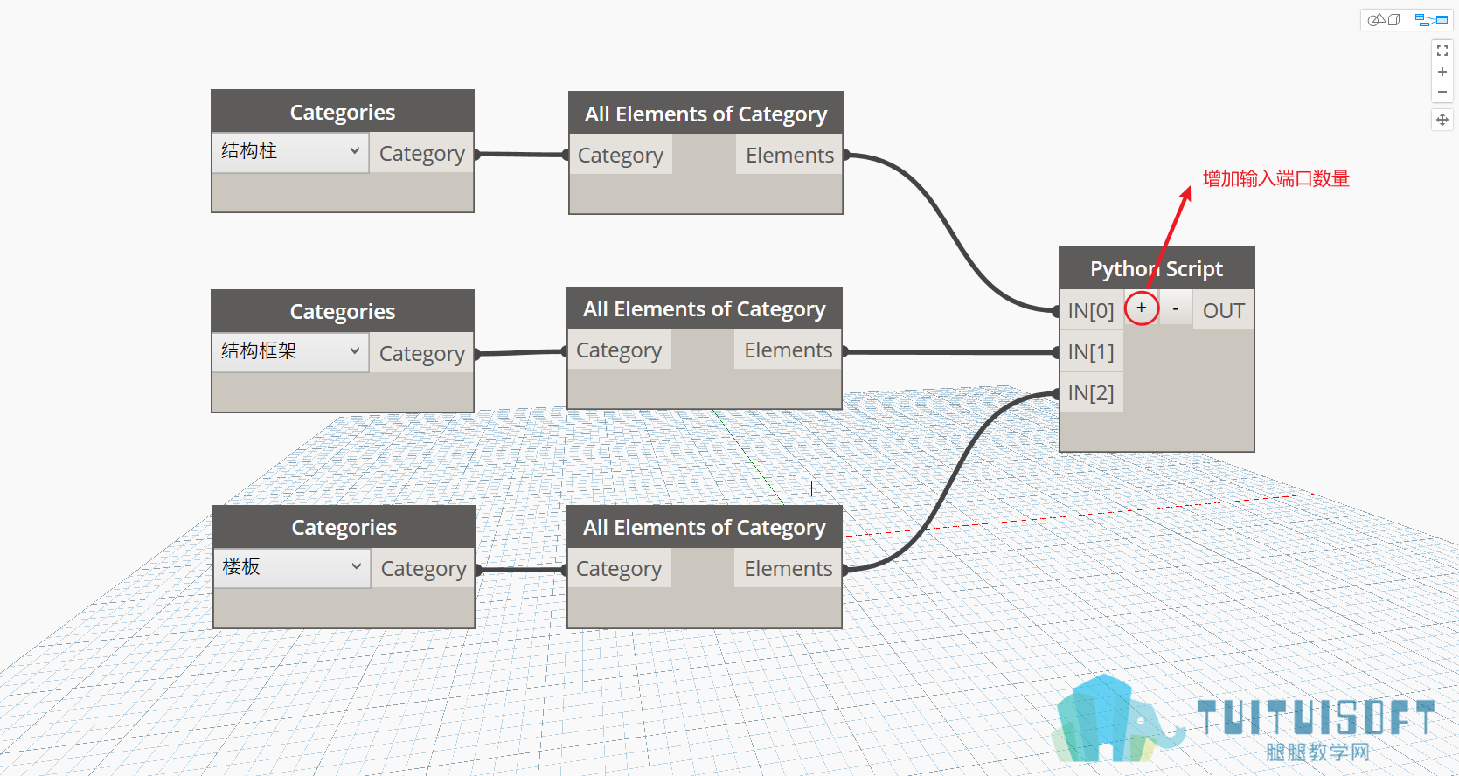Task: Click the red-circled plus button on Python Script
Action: click(x=1141, y=308)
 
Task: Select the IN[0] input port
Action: click(x=1091, y=310)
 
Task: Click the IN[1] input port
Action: click(x=1091, y=351)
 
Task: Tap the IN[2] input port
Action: click(x=1091, y=392)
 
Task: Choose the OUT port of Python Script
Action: click(x=1223, y=310)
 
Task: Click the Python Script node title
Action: click(x=1157, y=268)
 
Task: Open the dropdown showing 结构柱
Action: click(x=290, y=152)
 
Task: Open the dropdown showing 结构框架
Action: click(x=290, y=351)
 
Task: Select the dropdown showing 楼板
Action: click(x=292, y=568)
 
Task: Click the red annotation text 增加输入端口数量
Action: click(x=1275, y=178)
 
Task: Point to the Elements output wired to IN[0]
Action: click(x=789, y=155)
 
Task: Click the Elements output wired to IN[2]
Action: click(x=789, y=568)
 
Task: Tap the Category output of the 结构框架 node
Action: click(x=422, y=353)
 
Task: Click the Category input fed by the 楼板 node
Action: click(x=619, y=568)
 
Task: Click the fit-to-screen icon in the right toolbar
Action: click(x=1442, y=50)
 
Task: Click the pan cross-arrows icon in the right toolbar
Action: click(x=1442, y=120)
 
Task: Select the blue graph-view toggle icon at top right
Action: click(x=1431, y=20)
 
